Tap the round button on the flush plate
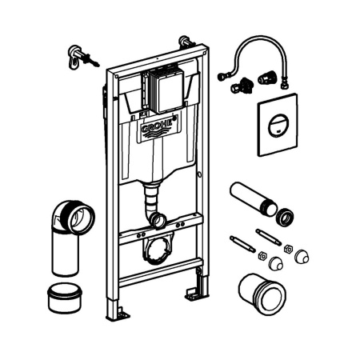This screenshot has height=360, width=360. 278,125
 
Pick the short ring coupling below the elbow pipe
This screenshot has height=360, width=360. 65,298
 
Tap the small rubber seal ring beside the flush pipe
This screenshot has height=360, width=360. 285,217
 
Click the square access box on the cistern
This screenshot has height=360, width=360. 166,90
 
